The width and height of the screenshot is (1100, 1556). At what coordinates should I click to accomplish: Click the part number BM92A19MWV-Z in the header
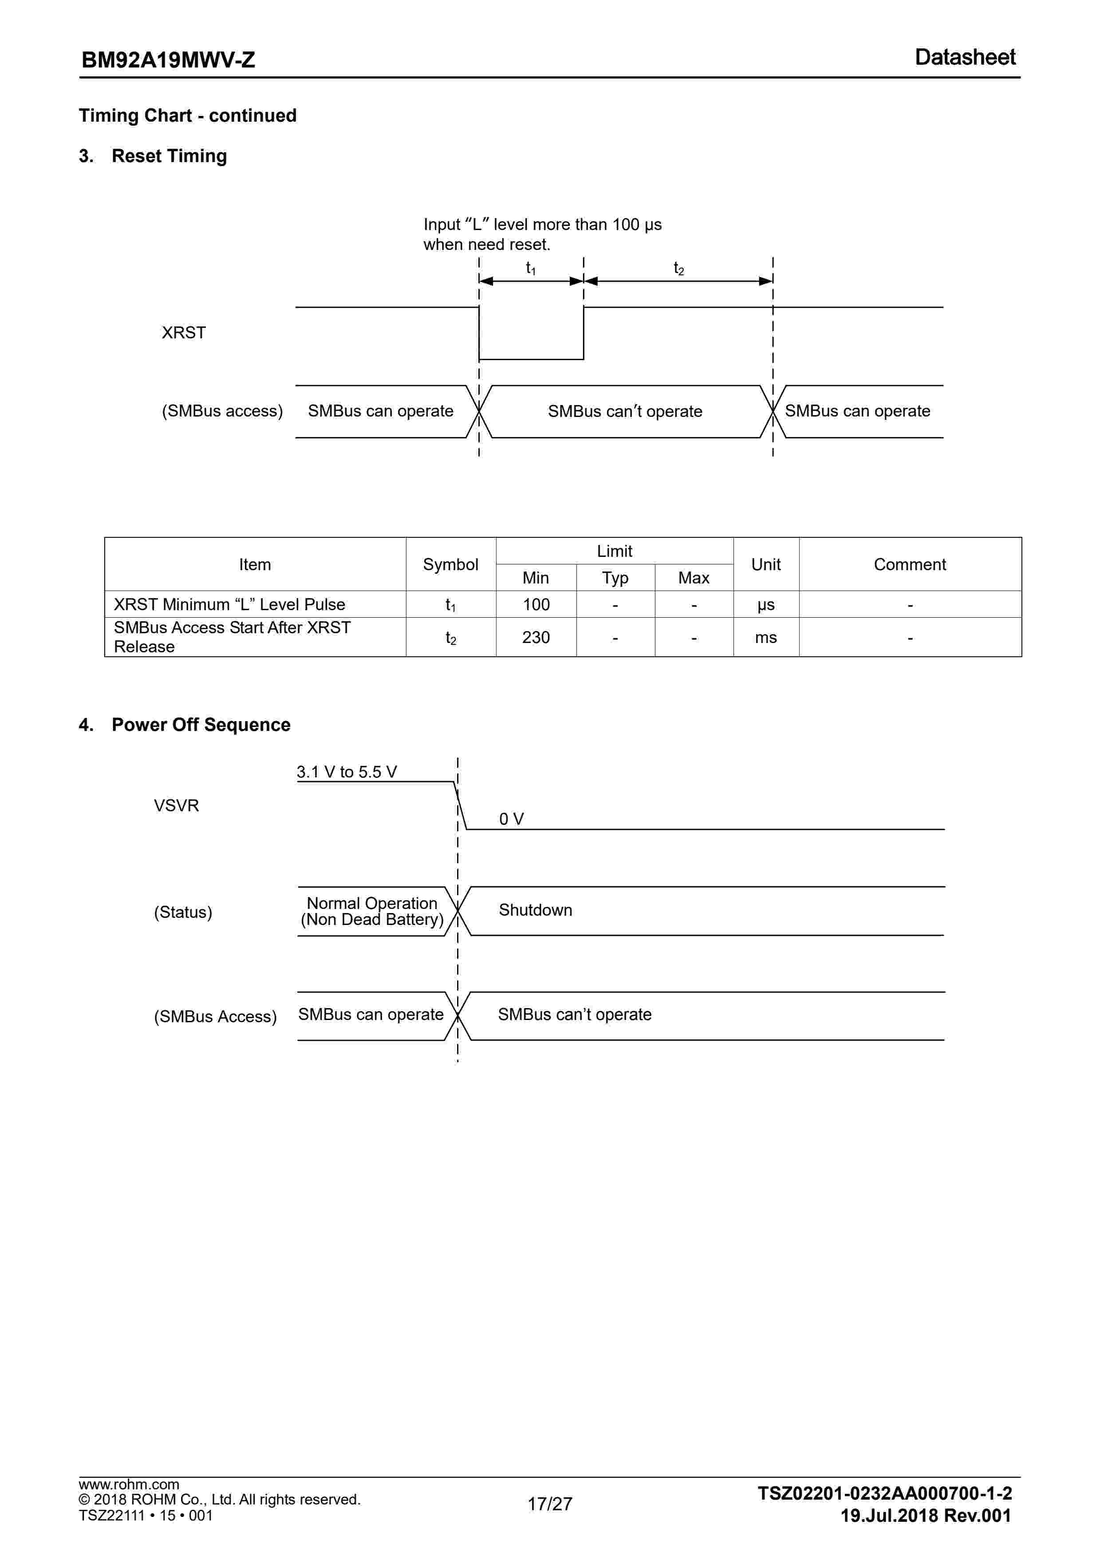coord(168,60)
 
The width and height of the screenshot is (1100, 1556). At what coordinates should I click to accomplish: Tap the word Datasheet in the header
coord(965,58)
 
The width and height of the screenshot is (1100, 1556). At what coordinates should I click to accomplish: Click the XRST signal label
coord(184,333)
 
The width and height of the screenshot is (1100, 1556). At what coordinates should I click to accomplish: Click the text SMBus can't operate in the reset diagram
coord(624,411)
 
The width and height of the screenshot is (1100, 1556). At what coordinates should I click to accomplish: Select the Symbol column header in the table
coord(450,564)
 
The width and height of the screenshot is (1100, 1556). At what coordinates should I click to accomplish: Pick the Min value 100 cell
coord(536,604)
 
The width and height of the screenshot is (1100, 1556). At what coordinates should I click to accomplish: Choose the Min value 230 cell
coord(536,638)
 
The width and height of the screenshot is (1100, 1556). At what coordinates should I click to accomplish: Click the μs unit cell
coord(766,604)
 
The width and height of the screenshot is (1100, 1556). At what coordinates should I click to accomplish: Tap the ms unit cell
coord(766,638)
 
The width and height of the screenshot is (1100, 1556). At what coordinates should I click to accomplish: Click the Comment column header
coord(910,564)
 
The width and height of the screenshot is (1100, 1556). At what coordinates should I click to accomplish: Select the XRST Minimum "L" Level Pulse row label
coord(229,604)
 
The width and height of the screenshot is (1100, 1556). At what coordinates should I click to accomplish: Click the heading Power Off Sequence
coord(201,724)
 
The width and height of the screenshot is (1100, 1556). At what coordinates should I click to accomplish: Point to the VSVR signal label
coord(176,806)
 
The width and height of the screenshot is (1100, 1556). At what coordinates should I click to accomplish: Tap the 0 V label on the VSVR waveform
coord(511,819)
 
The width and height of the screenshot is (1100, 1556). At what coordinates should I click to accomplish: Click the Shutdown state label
coord(535,910)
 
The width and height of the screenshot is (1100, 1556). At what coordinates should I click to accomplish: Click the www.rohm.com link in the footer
coord(129,1484)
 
